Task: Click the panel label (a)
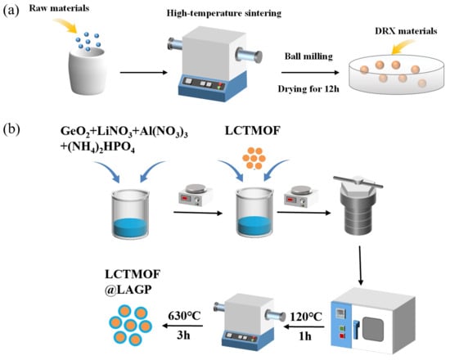[11, 11]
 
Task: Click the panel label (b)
[11, 129]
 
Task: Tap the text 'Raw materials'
[59, 8]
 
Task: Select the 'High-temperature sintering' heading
[224, 13]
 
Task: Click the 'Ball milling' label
[308, 56]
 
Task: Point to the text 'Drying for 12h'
[308, 88]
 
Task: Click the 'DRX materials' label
[406, 31]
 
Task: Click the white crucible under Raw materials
[88, 71]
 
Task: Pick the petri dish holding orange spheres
[396, 74]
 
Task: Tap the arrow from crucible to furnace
[143, 72]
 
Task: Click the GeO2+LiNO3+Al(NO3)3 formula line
[124, 132]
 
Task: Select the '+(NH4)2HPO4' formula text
[97, 147]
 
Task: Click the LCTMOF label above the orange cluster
[253, 131]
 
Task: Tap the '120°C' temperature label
[306, 317]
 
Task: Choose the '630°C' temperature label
[184, 316]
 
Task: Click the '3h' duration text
[183, 335]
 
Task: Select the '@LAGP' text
[128, 290]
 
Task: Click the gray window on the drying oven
[373, 328]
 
